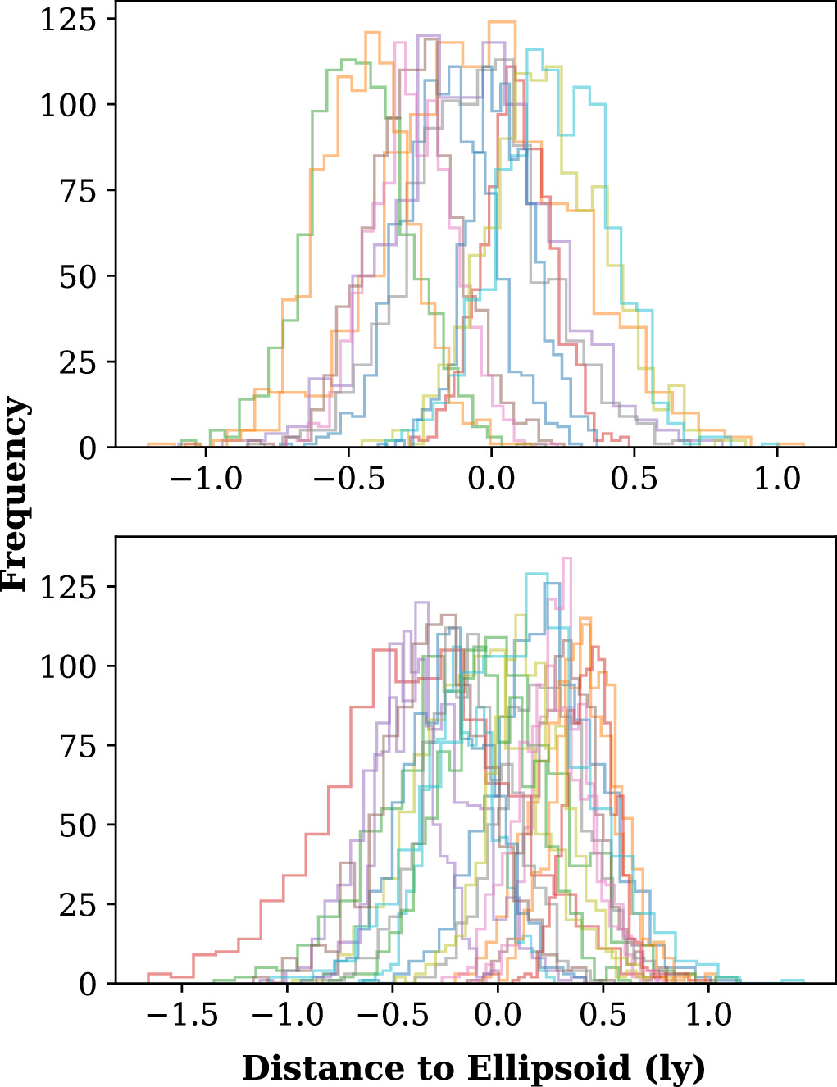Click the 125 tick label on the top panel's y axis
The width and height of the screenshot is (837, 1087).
tap(68, 20)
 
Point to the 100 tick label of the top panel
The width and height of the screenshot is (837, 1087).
tap(68, 105)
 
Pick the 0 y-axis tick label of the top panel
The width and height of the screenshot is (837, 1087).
tap(87, 448)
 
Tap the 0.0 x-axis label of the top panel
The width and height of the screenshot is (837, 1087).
tap(491, 478)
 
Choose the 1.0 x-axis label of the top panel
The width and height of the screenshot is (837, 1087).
tap(776, 478)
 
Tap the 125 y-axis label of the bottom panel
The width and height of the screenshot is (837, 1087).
tap(68, 587)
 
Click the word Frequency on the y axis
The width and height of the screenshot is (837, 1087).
tap(15, 493)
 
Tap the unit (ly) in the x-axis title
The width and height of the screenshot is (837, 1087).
tap(676, 1069)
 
